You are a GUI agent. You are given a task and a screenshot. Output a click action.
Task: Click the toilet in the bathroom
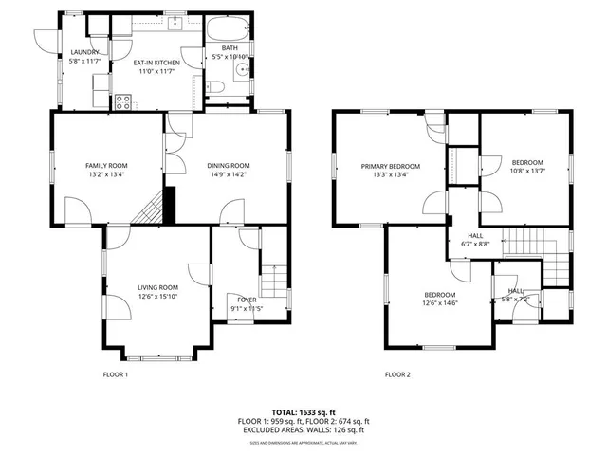click(x=216, y=88)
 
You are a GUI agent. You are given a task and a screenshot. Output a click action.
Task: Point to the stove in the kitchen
click(x=123, y=101)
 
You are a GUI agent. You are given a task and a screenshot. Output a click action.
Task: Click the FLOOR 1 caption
click(x=115, y=374)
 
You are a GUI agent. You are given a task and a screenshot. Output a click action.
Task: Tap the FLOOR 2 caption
click(x=397, y=374)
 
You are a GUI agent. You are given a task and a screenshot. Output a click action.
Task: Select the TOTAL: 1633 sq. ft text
click(x=303, y=412)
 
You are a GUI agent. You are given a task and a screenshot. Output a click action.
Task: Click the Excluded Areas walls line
click(x=303, y=429)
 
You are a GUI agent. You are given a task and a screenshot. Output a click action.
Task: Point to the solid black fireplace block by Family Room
click(x=170, y=203)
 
